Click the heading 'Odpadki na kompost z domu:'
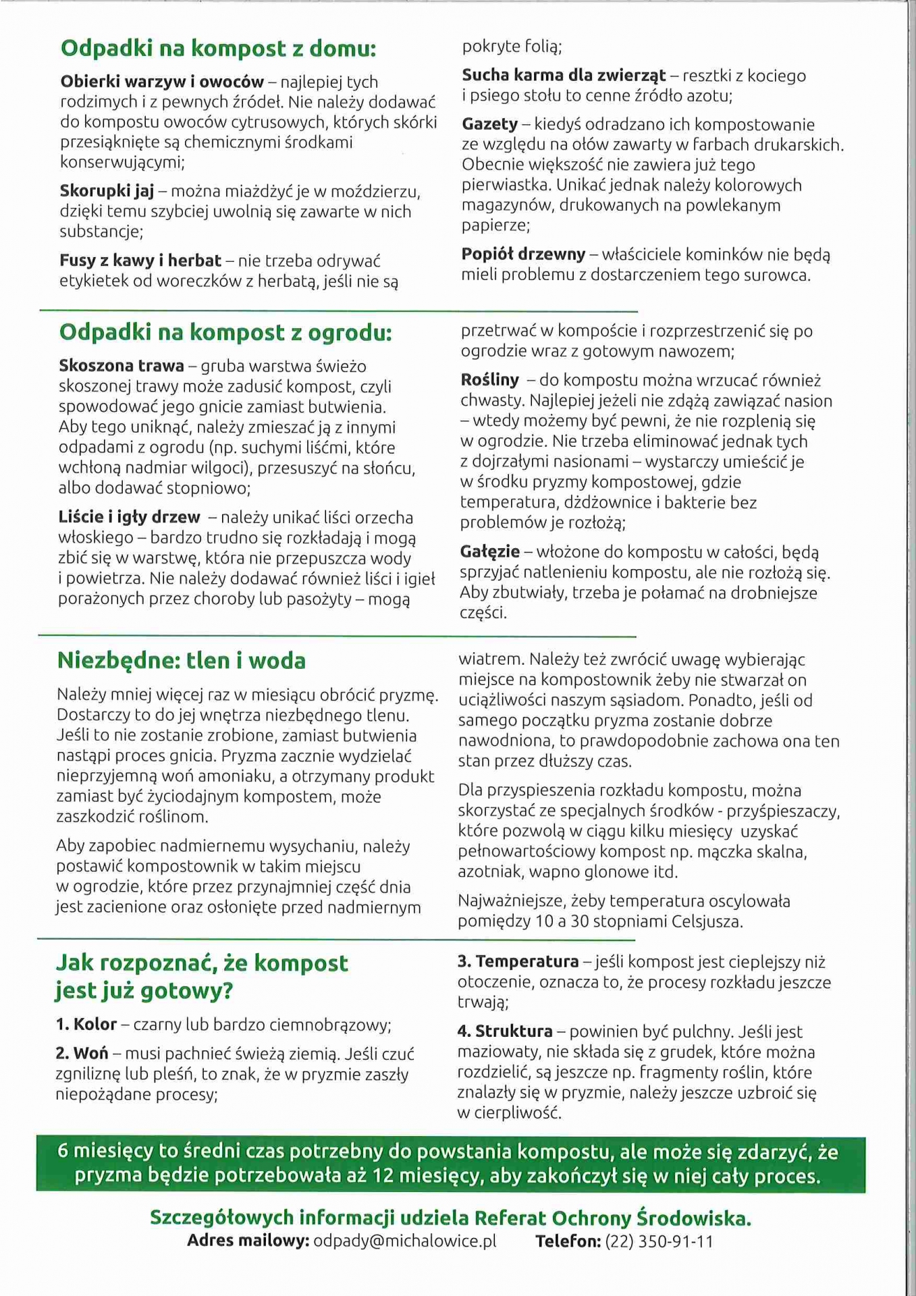click(x=218, y=49)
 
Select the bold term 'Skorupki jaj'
click(x=107, y=192)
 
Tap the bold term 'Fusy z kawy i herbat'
click(x=140, y=261)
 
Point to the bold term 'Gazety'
click(x=489, y=124)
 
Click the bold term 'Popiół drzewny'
click(x=523, y=254)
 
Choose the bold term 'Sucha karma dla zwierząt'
click(x=564, y=76)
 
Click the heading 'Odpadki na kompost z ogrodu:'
click(x=225, y=333)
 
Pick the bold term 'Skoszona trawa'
click(x=122, y=366)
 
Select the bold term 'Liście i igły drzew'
click(x=129, y=518)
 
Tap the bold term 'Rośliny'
click(x=489, y=380)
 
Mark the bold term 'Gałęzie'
click(x=489, y=552)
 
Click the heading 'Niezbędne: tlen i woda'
click(x=181, y=660)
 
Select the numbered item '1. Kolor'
click(x=86, y=1025)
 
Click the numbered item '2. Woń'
click(x=82, y=1054)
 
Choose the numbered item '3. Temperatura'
click(x=518, y=962)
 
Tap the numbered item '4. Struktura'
click(x=505, y=1031)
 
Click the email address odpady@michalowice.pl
click(x=404, y=1241)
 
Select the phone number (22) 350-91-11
click(x=659, y=1241)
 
